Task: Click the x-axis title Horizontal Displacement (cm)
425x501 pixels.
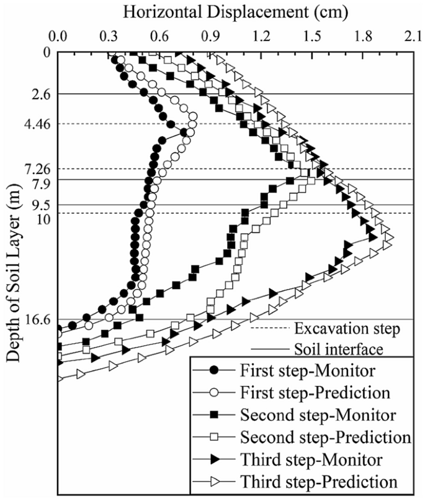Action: coord(235,11)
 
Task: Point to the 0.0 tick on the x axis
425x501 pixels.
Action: coord(58,36)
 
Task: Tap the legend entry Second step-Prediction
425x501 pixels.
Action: coord(312,436)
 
